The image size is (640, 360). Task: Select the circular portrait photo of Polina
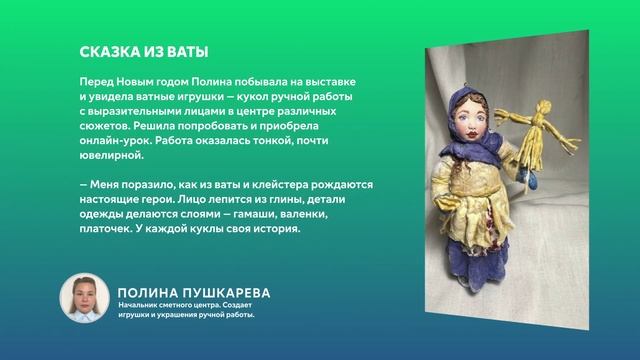85,298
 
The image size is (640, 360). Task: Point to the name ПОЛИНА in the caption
147,293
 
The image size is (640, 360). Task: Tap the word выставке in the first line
330,79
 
